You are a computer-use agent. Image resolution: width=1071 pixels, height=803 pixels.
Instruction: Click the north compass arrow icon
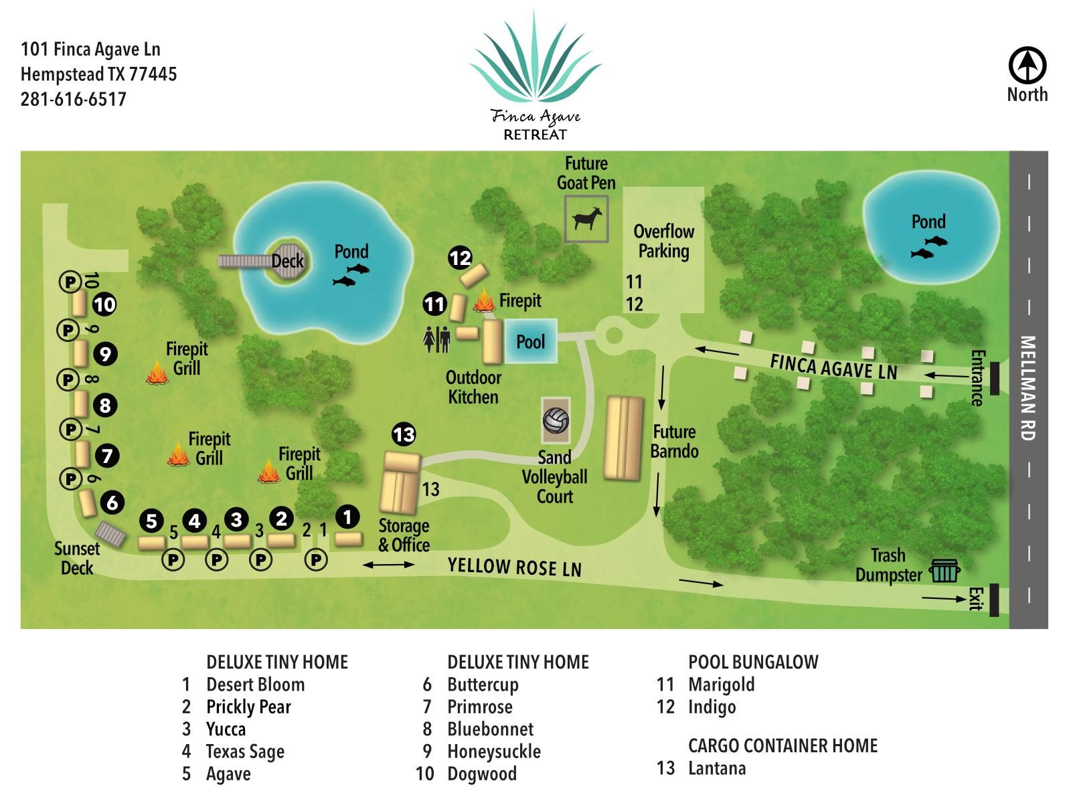click(x=1027, y=66)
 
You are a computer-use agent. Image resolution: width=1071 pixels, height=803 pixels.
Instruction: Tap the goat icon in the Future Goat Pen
click(x=587, y=218)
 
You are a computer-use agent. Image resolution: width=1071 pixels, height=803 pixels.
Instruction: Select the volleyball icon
click(x=556, y=420)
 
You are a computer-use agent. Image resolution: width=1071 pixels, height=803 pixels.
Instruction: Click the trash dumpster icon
click(x=944, y=570)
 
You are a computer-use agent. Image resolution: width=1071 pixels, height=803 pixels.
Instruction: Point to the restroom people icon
click(x=436, y=339)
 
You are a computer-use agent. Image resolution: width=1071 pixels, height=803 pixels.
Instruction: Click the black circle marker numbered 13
click(x=404, y=434)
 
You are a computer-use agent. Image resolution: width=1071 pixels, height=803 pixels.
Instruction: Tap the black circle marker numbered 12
click(x=460, y=258)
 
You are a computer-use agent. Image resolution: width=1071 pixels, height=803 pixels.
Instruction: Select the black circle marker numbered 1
click(x=347, y=517)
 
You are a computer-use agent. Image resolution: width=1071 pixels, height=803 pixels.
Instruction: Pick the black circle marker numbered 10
click(x=104, y=305)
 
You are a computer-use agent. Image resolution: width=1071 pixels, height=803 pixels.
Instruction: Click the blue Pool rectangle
click(x=531, y=341)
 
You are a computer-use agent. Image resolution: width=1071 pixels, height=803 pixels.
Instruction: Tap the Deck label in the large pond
click(x=287, y=261)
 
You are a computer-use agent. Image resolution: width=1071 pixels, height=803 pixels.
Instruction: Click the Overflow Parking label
click(x=663, y=242)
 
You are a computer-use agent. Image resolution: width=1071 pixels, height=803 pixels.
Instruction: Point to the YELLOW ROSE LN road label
click(x=515, y=567)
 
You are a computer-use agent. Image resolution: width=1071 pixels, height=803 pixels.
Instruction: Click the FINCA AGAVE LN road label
click(x=833, y=367)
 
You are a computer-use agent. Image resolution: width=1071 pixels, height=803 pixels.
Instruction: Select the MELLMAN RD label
click(x=1027, y=388)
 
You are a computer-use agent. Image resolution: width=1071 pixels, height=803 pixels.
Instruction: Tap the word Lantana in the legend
click(x=717, y=768)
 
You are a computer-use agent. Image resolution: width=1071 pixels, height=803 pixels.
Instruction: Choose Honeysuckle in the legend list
click(x=494, y=751)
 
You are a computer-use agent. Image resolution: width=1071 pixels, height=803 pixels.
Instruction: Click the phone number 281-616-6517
click(x=73, y=100)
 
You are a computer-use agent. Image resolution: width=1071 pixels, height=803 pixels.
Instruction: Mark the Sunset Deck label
click(x=76, y=559)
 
